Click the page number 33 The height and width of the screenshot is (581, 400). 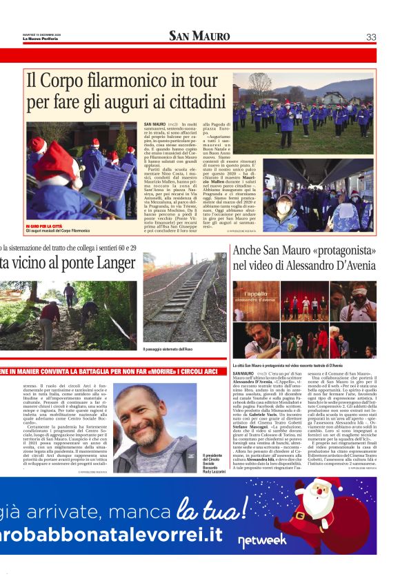click(371, 37)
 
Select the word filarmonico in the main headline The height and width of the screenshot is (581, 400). click(121, 82)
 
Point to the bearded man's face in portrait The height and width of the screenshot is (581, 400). click(147, 420)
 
